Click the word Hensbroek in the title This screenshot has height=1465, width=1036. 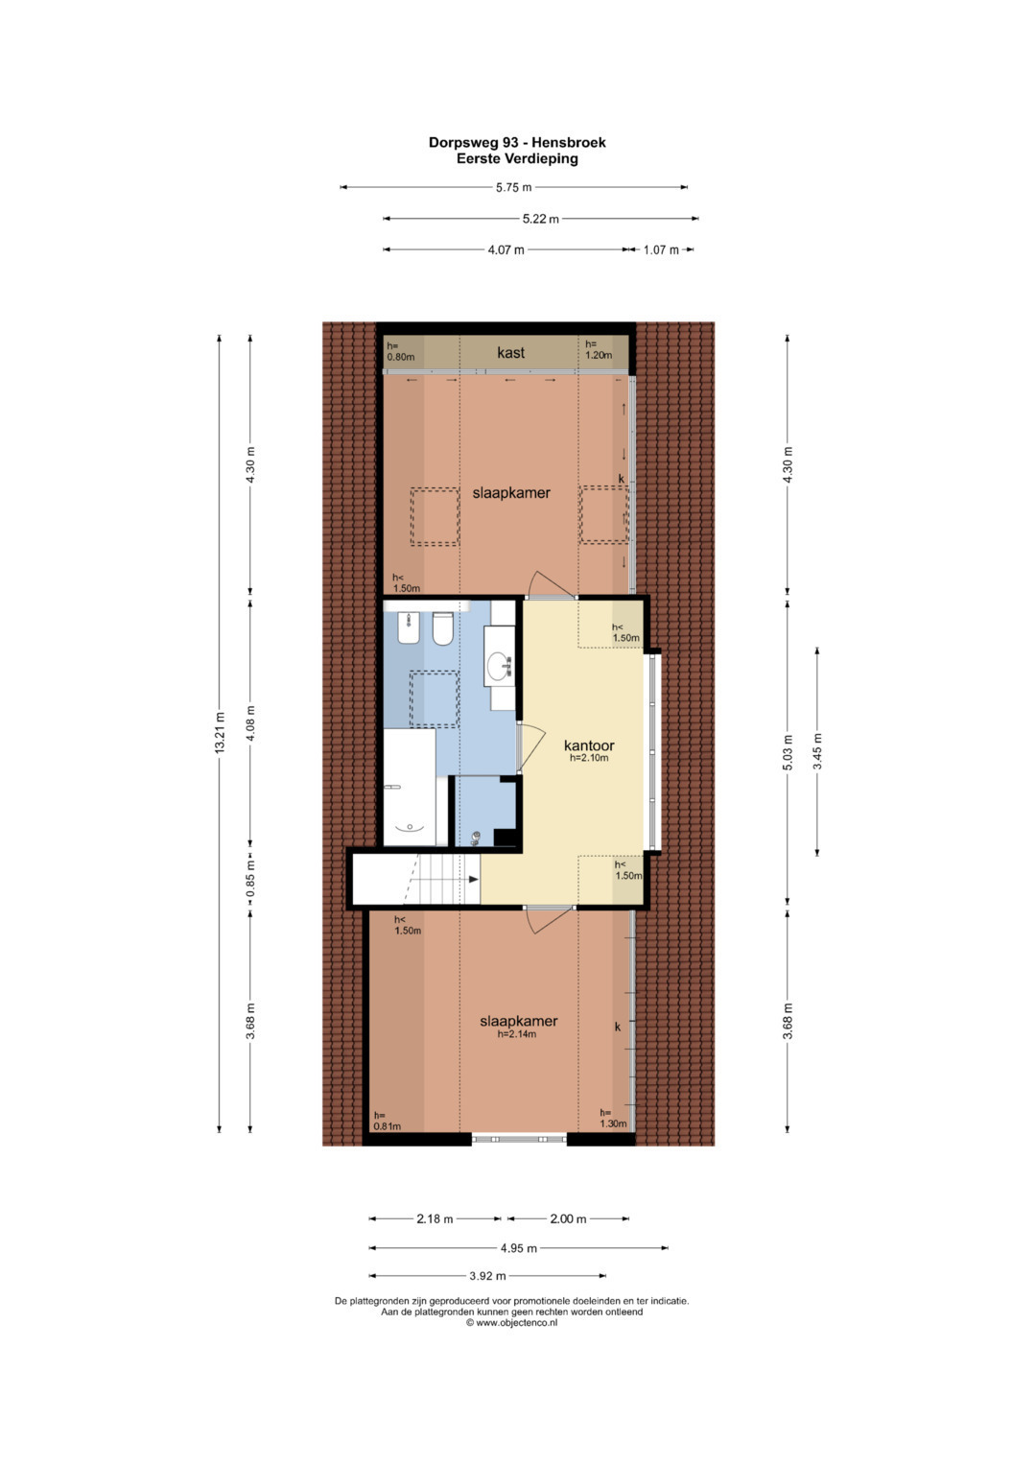[568, 143]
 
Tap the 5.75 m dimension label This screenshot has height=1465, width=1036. [513, 188]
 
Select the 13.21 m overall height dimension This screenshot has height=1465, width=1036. [220, 733]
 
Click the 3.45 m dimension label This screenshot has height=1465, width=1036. [817, 751]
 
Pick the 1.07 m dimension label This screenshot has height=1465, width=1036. [661, 249]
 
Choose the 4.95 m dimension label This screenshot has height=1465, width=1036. [519, 1248]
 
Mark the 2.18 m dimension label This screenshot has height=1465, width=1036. [435, 1219]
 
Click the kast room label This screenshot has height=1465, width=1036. [510, 353]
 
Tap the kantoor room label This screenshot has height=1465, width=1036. [589, 745]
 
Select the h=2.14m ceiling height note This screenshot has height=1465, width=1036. [517, 1034]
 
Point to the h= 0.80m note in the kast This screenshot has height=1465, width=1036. [400, 351]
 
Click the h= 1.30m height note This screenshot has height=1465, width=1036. [614, 1119]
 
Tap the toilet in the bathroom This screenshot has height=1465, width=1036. [443, 628]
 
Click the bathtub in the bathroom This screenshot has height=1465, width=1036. [410, 787]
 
